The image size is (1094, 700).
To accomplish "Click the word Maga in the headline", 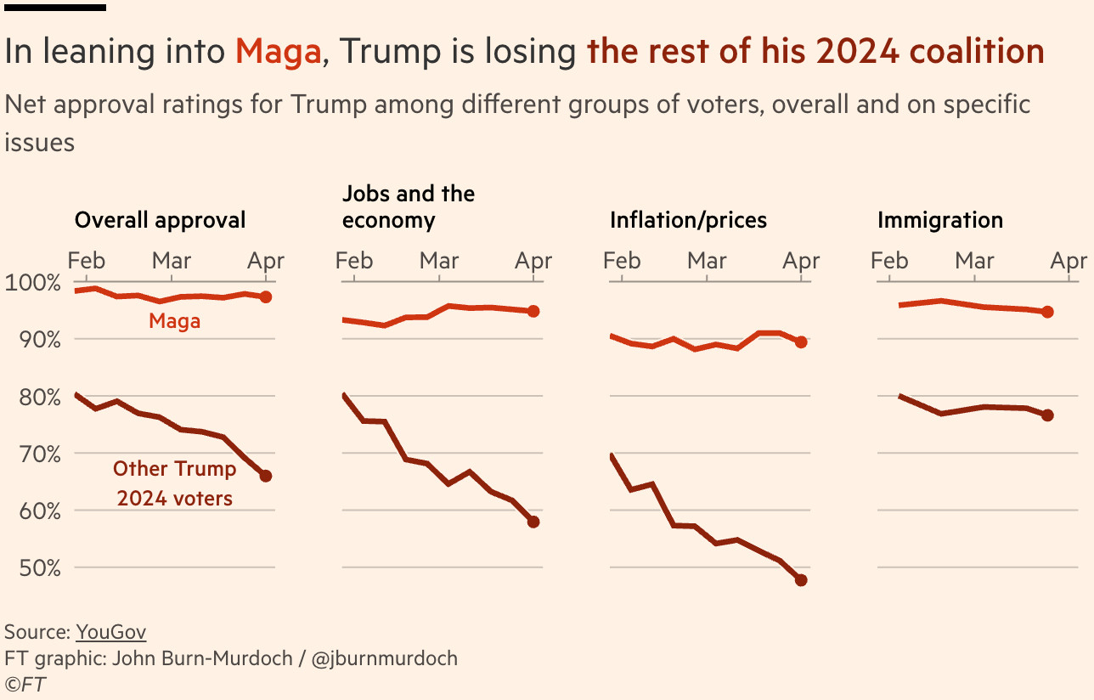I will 279,52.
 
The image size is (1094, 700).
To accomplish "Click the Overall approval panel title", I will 160,220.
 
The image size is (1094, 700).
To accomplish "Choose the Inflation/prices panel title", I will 688,220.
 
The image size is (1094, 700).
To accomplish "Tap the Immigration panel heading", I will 939,220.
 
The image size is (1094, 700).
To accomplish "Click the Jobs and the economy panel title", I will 409,206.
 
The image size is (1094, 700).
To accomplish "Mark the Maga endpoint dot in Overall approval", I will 266,297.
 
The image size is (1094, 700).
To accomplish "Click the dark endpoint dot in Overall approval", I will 266,476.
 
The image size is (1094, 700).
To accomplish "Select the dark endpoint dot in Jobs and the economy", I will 533,522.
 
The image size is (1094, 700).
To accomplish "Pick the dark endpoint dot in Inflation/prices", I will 801,580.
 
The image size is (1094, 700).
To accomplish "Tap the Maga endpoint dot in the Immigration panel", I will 1047,312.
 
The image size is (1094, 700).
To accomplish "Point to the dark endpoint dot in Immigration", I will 1047,415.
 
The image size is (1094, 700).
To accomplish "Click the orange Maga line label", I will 174,321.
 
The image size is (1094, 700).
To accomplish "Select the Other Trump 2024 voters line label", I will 175,483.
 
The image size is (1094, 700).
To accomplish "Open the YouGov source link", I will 111,632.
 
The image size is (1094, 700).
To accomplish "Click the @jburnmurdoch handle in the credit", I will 386,658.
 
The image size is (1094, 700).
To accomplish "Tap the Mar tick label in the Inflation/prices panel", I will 707,260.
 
